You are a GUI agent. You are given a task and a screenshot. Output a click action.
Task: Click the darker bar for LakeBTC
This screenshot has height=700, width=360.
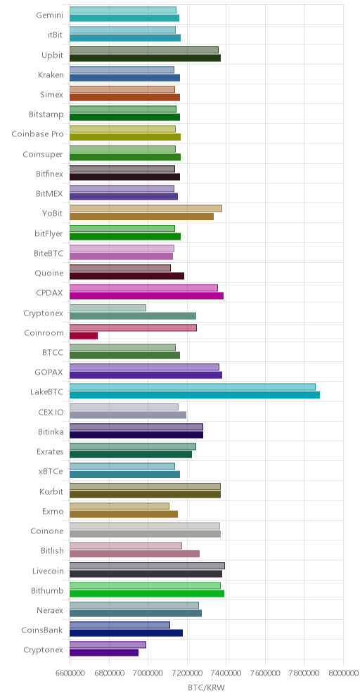[x=195, y=395]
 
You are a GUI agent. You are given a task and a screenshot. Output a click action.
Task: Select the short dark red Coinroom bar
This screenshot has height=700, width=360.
[x=84, y=336]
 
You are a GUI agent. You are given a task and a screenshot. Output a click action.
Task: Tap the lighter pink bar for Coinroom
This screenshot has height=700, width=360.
[x=133, y=328]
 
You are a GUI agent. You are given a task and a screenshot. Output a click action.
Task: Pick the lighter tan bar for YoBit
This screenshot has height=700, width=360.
[x=146, y=209]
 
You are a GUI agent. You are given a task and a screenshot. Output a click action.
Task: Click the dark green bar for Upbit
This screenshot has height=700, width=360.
[x=145, y=58]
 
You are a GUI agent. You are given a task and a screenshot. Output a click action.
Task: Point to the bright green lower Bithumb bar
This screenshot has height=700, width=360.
[x=147, y=593]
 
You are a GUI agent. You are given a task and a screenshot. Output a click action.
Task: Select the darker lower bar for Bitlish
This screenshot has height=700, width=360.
[x=134, y=554]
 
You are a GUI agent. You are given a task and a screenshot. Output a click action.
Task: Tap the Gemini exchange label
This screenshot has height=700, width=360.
[x=50, y=15]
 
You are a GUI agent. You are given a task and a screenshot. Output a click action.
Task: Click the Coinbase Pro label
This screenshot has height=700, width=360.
[x=37, y=134]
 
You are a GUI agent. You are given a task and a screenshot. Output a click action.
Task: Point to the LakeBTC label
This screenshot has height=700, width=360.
[x=46, y=392]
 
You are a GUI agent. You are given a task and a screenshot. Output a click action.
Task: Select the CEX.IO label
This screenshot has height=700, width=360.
[x=51, y=412]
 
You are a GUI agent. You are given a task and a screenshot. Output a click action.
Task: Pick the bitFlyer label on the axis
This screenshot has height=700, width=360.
[x=49, y=233]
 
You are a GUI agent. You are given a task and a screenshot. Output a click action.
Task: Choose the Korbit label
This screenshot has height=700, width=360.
[x=51, y=491]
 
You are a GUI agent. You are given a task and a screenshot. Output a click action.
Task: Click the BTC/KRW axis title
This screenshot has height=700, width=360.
[x=206, y=687]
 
